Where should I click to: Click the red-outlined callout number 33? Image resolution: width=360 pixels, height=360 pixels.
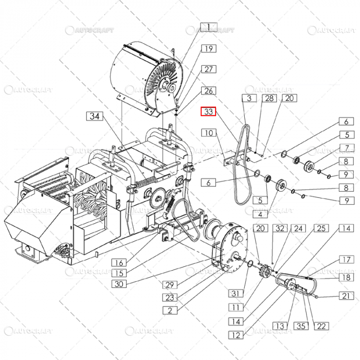208,112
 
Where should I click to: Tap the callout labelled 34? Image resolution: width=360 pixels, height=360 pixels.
95,116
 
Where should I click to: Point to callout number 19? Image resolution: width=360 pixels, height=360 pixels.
208,49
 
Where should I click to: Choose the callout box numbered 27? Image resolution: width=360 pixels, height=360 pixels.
208,69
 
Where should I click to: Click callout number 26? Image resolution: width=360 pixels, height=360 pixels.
208,91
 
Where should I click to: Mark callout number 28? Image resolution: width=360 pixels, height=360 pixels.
268,98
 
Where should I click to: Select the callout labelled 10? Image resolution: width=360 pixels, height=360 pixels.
208,133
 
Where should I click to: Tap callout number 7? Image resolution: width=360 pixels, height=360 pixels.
347,148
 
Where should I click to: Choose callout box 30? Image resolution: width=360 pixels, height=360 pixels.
119,283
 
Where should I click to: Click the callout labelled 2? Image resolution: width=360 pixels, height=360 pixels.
170,310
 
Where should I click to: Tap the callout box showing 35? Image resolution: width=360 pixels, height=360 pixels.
301,326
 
